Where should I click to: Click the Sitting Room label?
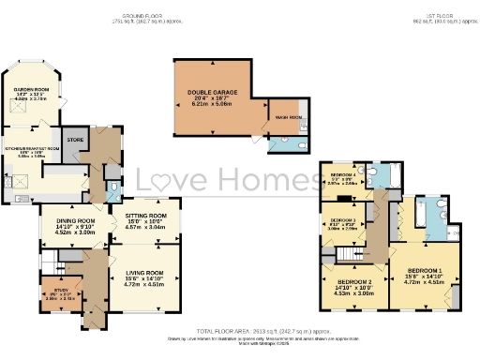pyautogui.click(x=145, y=215)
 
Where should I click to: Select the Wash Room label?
pyautogui.click(x=288, y=118)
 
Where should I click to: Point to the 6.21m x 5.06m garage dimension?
pyautogui.click(x=212, y=107)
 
